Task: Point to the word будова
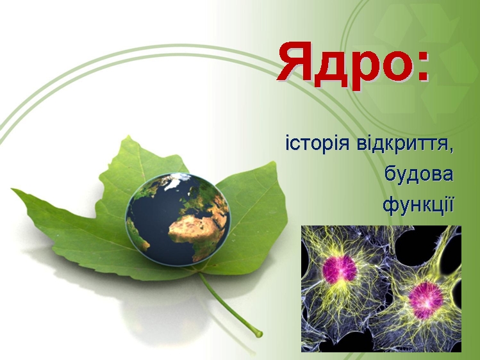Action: (418, 175)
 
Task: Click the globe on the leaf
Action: (178, 218)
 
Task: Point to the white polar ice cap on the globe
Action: (178, 181)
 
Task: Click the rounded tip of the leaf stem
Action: (260, 333)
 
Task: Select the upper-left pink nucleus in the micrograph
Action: (339, 270)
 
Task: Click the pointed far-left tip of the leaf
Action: (12, 190)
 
